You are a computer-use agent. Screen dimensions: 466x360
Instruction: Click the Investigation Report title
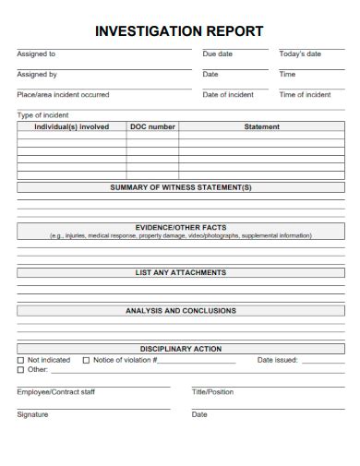click(x=179, y=31)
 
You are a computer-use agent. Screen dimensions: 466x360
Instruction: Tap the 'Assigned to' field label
click(x=36, y=54)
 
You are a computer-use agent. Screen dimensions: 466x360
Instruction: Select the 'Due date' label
click(x=217, y=54)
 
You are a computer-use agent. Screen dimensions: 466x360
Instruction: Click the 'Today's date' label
click(x=300, y=54)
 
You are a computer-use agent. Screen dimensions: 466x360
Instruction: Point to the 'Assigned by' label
click(x=37, y=75)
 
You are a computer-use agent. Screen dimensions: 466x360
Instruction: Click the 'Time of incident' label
click(x=305, y=95)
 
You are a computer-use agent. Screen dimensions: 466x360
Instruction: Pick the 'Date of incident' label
click(x=228, y=95)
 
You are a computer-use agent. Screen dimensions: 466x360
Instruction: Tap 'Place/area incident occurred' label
click(x=63, y=95)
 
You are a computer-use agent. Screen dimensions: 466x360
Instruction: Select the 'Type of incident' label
click(x=42, y=115)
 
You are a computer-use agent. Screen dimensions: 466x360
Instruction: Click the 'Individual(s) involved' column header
click(x=71, y=127)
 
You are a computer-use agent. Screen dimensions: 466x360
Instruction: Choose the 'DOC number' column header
click(x=152, y=127)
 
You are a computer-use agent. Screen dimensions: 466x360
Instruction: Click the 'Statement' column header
click(x=261, y=127)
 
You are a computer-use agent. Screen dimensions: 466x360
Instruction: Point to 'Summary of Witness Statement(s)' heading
click(x=181, y=187)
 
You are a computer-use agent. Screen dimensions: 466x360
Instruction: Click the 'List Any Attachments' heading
click(x=181, y=273)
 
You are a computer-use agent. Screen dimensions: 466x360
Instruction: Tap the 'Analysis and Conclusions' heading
click(x=181, y=311)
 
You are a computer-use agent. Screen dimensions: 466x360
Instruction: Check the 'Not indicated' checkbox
click(x=21, y=360)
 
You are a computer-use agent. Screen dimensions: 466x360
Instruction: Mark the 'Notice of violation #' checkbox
click(x=87, y=360)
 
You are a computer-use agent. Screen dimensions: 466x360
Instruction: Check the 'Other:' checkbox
click(x=21, y=369)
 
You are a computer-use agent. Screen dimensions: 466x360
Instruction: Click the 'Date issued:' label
click(x=277, y=360)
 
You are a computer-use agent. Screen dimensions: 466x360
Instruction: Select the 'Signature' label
click(x=32, y=414)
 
